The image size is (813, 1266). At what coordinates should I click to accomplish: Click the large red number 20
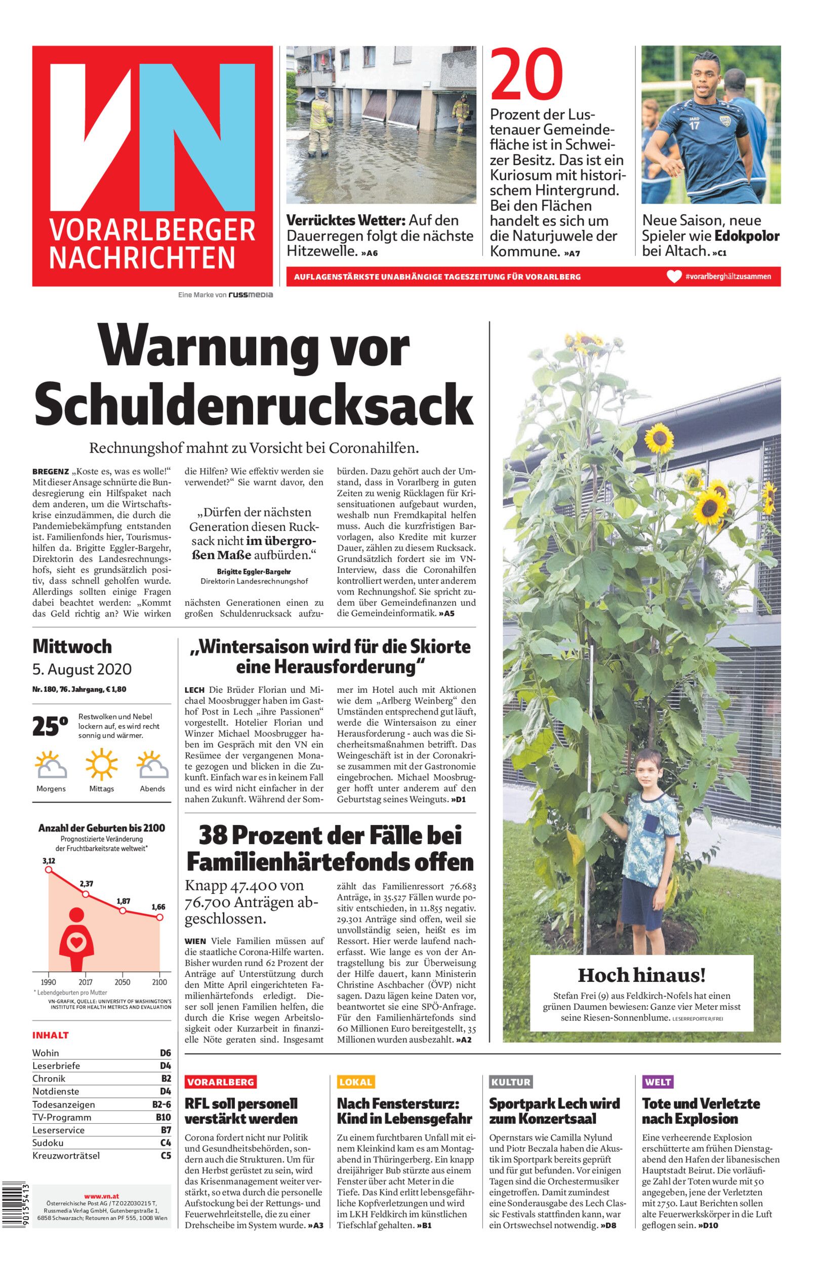527,75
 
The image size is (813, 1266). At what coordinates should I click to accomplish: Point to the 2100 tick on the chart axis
159,982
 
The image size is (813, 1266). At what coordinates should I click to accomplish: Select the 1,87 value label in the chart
123,901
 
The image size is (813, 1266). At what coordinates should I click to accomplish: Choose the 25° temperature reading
50,727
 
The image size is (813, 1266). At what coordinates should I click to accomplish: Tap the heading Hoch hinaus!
641,975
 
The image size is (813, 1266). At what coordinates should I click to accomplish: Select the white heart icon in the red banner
674,276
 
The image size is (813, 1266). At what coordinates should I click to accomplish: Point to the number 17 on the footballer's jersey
694,126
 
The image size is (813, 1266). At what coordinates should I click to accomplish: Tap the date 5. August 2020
82,669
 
